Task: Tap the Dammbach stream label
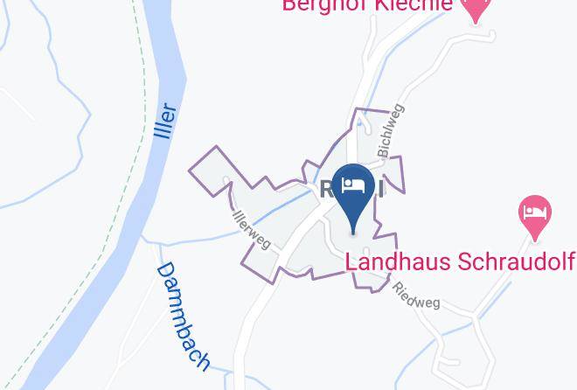coord(184,315)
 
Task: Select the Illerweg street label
coord(252,227)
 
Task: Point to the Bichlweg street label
coord(391,131)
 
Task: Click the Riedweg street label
coord(416,295)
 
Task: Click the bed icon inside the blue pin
coord(354,185)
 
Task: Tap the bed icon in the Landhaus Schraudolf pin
coord(535,211)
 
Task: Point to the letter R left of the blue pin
coord(324,188)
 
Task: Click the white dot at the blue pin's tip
coord(354,232)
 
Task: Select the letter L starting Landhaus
coord(351,261)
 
